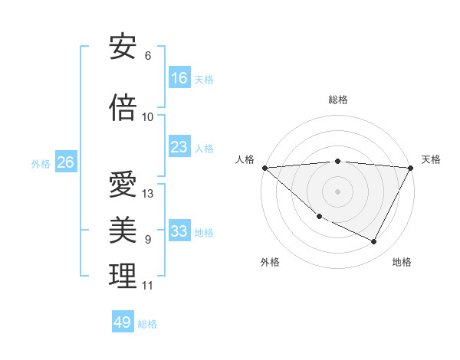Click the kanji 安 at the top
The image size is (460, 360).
(123, 47)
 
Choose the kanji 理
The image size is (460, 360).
(123, 277)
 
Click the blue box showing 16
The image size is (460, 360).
(179, 78)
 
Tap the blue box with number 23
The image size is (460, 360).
(179, 147)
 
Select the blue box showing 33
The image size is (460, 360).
(179, 231)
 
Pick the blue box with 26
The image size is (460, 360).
(65, 162)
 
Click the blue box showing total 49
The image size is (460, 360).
(123, 322)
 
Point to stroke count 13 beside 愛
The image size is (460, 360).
(148, 193)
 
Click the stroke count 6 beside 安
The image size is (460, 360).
(148, 56)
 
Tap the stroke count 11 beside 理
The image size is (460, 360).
(147, 286)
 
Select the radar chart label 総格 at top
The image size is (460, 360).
(337, 100)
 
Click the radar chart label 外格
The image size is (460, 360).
(270, 262)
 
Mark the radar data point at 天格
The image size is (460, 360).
(411, 168)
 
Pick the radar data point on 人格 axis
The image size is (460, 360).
(264, 168)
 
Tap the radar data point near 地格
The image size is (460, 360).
(374, 242)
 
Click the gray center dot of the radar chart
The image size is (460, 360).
(337, 191)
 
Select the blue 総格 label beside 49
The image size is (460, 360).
(147, 324)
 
